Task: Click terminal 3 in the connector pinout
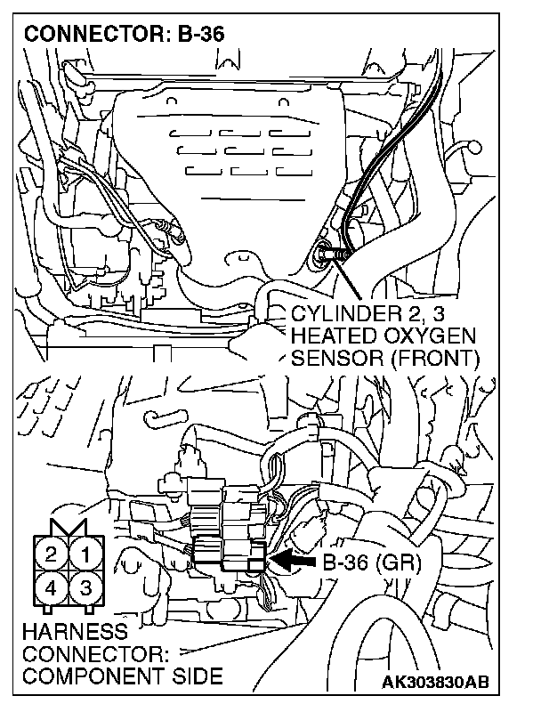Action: click(86, 589)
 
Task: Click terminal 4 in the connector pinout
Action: click(52, 589)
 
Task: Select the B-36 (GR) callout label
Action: click(371, 562)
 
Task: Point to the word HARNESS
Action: click(65, 631)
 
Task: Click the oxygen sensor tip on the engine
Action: click(326, 256)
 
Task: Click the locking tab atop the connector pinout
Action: click(69, 530)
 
